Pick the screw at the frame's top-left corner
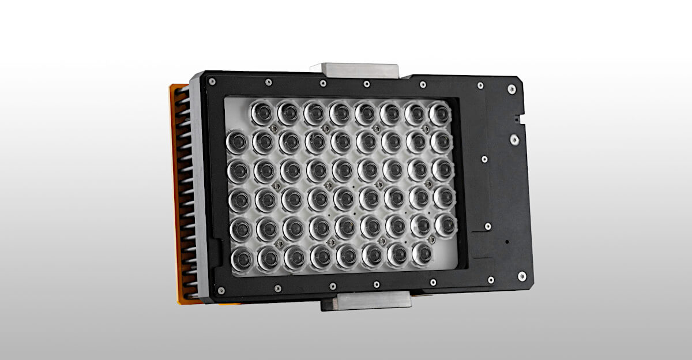coord(212,82)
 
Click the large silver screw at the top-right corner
coord(512,89)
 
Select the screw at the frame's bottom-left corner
coord(221,290)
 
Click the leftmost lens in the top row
coord(262,112)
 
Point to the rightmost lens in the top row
coord(439,113)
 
